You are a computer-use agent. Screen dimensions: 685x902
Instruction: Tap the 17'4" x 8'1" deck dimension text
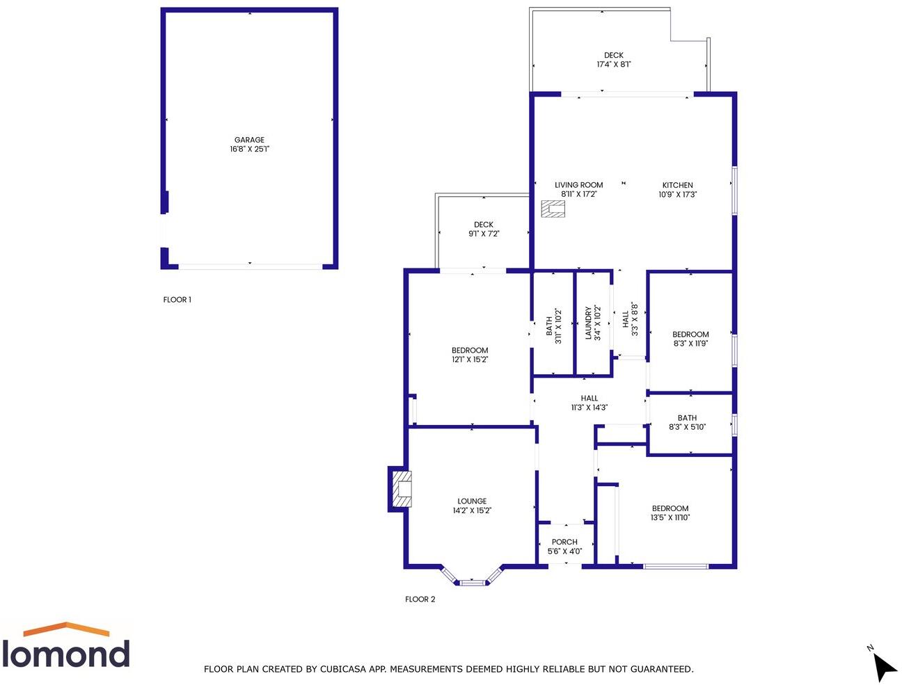613,65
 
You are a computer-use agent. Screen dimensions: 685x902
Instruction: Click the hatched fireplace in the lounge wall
402,489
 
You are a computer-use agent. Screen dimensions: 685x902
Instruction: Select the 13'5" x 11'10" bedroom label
670,513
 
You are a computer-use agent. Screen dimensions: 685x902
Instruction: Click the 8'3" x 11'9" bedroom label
690,339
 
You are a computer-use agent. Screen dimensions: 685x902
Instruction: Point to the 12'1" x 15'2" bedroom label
470,355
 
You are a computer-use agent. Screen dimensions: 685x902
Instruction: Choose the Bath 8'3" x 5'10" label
687,422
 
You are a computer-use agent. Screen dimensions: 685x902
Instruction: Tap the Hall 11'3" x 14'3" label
590,403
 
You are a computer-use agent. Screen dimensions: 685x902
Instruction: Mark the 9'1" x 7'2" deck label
484,229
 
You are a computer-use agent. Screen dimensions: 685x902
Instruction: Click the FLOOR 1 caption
177,300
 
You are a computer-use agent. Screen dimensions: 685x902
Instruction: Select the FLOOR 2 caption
420,599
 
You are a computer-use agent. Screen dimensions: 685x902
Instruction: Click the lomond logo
66,645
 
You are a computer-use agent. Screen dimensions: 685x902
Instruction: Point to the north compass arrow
884,666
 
